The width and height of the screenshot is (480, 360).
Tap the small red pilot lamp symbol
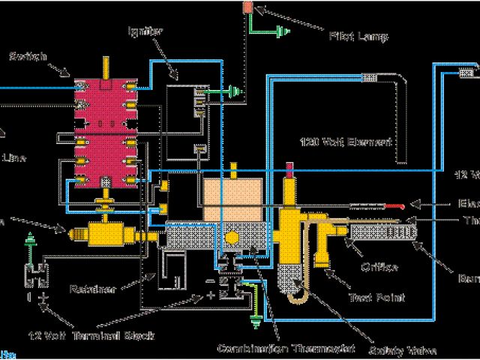(247, 7)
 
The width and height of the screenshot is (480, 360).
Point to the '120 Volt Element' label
(336, 141)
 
